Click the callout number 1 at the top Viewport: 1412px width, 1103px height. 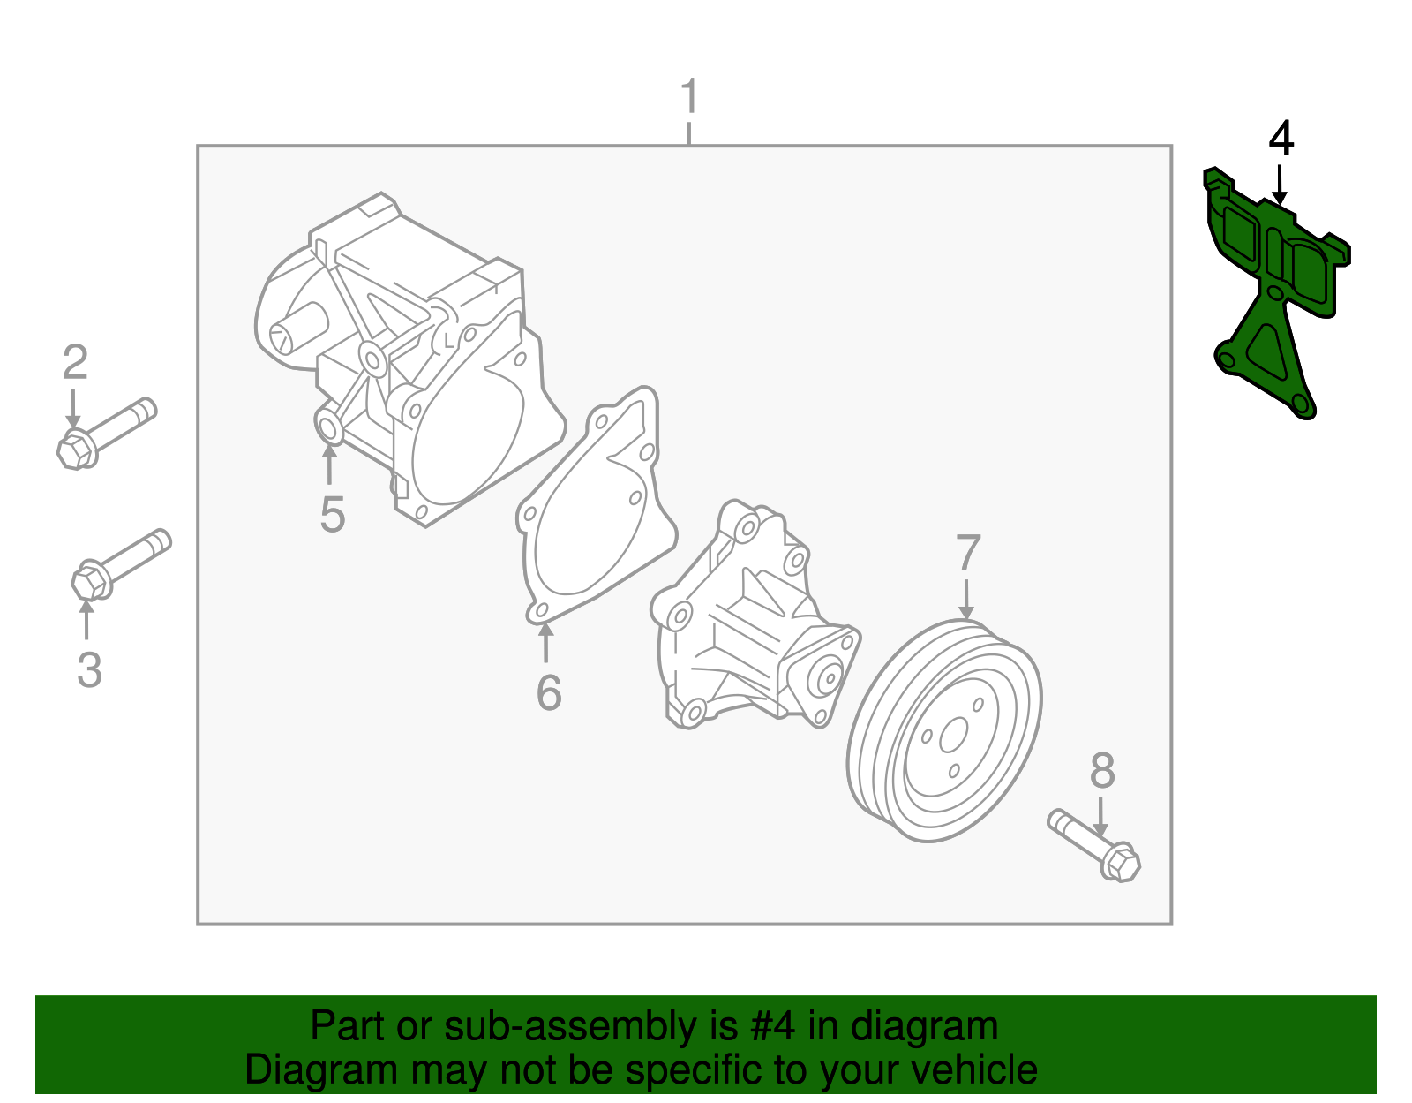[689, 97]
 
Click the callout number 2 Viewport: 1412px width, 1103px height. [75, 363]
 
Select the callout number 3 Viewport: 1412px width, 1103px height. [89, 669]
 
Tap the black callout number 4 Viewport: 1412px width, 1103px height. [1281, 140]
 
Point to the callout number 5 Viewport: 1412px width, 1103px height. [332, 515]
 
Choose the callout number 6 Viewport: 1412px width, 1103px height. [548, 692]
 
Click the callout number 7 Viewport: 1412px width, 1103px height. [968, 554]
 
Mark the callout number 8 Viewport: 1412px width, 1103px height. [1102, 771]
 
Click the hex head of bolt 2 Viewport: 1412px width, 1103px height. [76, 450]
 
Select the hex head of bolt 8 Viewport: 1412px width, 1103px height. [1121, 863]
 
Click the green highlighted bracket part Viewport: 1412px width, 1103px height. [1262, 344]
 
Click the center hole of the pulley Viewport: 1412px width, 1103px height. [954, 736]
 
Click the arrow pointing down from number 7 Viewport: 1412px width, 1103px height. [966, 600]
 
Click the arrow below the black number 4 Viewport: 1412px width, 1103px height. [1279, 186]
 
